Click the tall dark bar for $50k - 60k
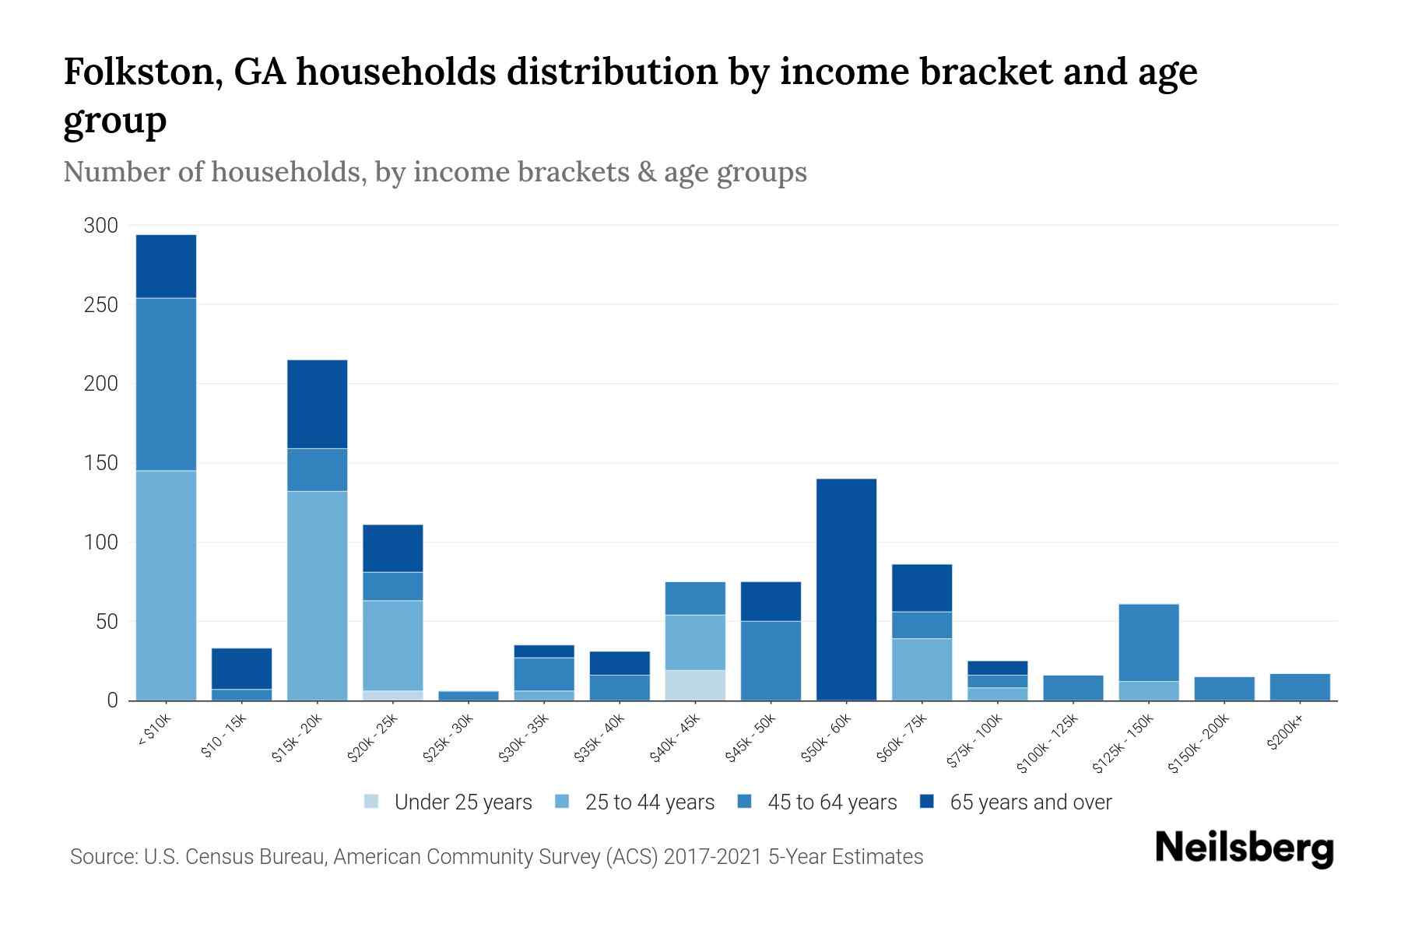(x=846, y=589)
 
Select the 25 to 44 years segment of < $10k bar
(x=166, y=585)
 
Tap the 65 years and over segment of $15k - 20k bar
(x=317, y=404)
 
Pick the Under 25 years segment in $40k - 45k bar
(x=695, y=685)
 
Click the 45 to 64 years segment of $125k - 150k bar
(x=1149, y=642)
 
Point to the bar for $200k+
(x=1300, y=686)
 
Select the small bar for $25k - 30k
(x=469, y=695)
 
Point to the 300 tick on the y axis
(x=100, y=226)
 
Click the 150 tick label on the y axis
(x=100, y=463)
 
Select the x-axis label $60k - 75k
(x=901, y=739)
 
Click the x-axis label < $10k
(x=154, y=731)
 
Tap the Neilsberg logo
(x=1244, y=849)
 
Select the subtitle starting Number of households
(x=434, y=172)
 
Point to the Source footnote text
(x=496, y=857)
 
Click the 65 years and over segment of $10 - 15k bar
(x=241, y=669)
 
